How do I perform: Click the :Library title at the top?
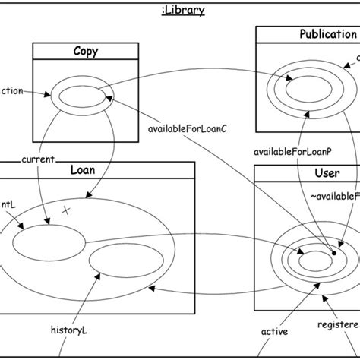(180, 10)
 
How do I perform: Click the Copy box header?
(85, 52)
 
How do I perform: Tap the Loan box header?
(82, 170)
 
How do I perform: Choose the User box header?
(327, 174)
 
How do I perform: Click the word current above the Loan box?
(38, 159)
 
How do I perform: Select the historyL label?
(71, 330)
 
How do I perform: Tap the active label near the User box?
(274, 331)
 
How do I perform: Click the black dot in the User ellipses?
(333, 253)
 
